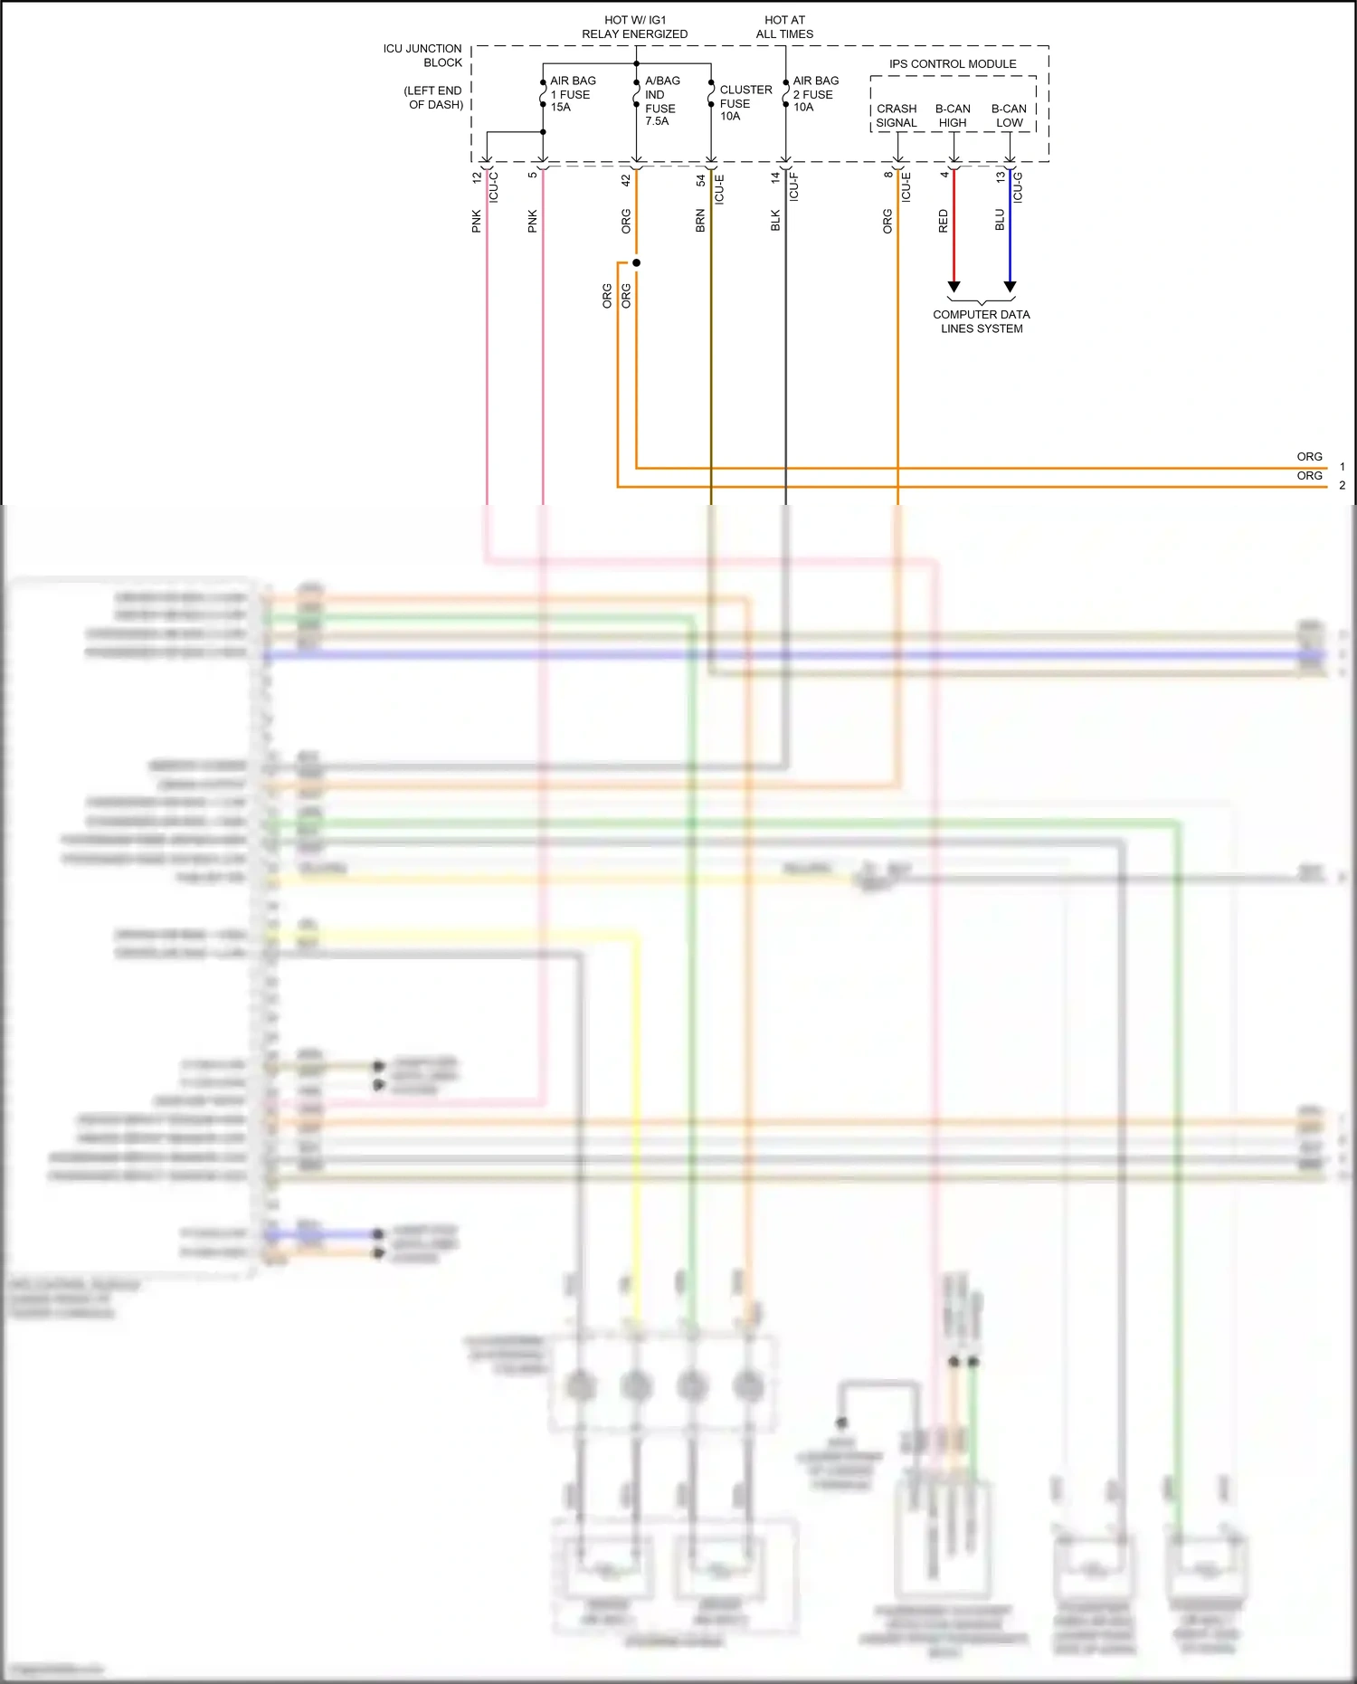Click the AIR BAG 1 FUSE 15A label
[x=572, y=94]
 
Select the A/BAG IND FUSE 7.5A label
[x=661, y=100]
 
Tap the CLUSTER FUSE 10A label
[x=745, y=103]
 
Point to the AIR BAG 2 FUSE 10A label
[x=814, y=94]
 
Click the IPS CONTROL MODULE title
[x=952, y=64]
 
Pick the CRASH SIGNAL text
[x=896, y=116]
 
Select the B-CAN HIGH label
[x=953, y=116]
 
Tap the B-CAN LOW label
[x=1009, y=116]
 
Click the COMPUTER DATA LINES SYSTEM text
[x=982, y=321]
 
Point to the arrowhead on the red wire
[x=954, y=287]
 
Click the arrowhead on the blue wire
[x=1011, y=287]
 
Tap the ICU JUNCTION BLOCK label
[x=422, y=55]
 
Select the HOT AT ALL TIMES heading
[x=784, y=27]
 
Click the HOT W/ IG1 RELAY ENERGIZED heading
[x=634, y=27]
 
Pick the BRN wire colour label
[x=700, y=221]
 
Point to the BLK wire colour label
[x=775, y=221]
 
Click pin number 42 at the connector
[x=626, y=181]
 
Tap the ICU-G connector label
[x=1018, y=186]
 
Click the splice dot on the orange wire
[x=636, y=263]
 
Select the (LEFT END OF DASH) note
[x=433, y=98]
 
